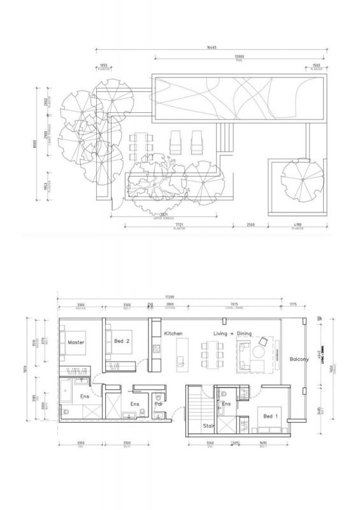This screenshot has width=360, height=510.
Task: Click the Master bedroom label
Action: point(76,342)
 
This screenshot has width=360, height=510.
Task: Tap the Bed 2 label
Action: point(122,342)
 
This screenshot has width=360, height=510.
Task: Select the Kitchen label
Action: point(174,334)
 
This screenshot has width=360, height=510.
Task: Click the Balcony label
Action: point(299,360)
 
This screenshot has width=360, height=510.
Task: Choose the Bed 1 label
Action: point(270,416)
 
